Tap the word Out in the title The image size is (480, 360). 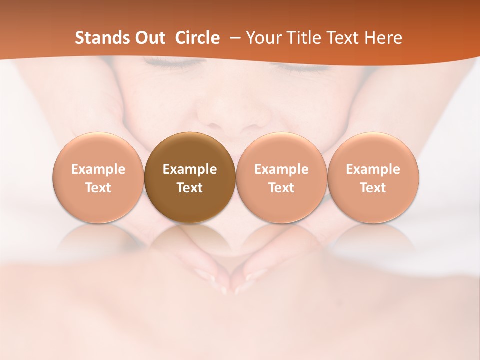point(149,38)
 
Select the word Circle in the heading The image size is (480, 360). point(197,38)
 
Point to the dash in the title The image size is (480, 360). point(235,38)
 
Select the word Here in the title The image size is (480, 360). point(383,38)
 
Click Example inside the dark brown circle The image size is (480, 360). point(190,169)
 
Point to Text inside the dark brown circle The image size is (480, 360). point(190,188)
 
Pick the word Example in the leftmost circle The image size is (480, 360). point(98,169)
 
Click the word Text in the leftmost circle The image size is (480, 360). point(98,188)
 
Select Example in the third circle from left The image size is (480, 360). point(281,169)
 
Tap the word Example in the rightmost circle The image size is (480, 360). point(373,169)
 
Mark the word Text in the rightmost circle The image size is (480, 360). point(373,188)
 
